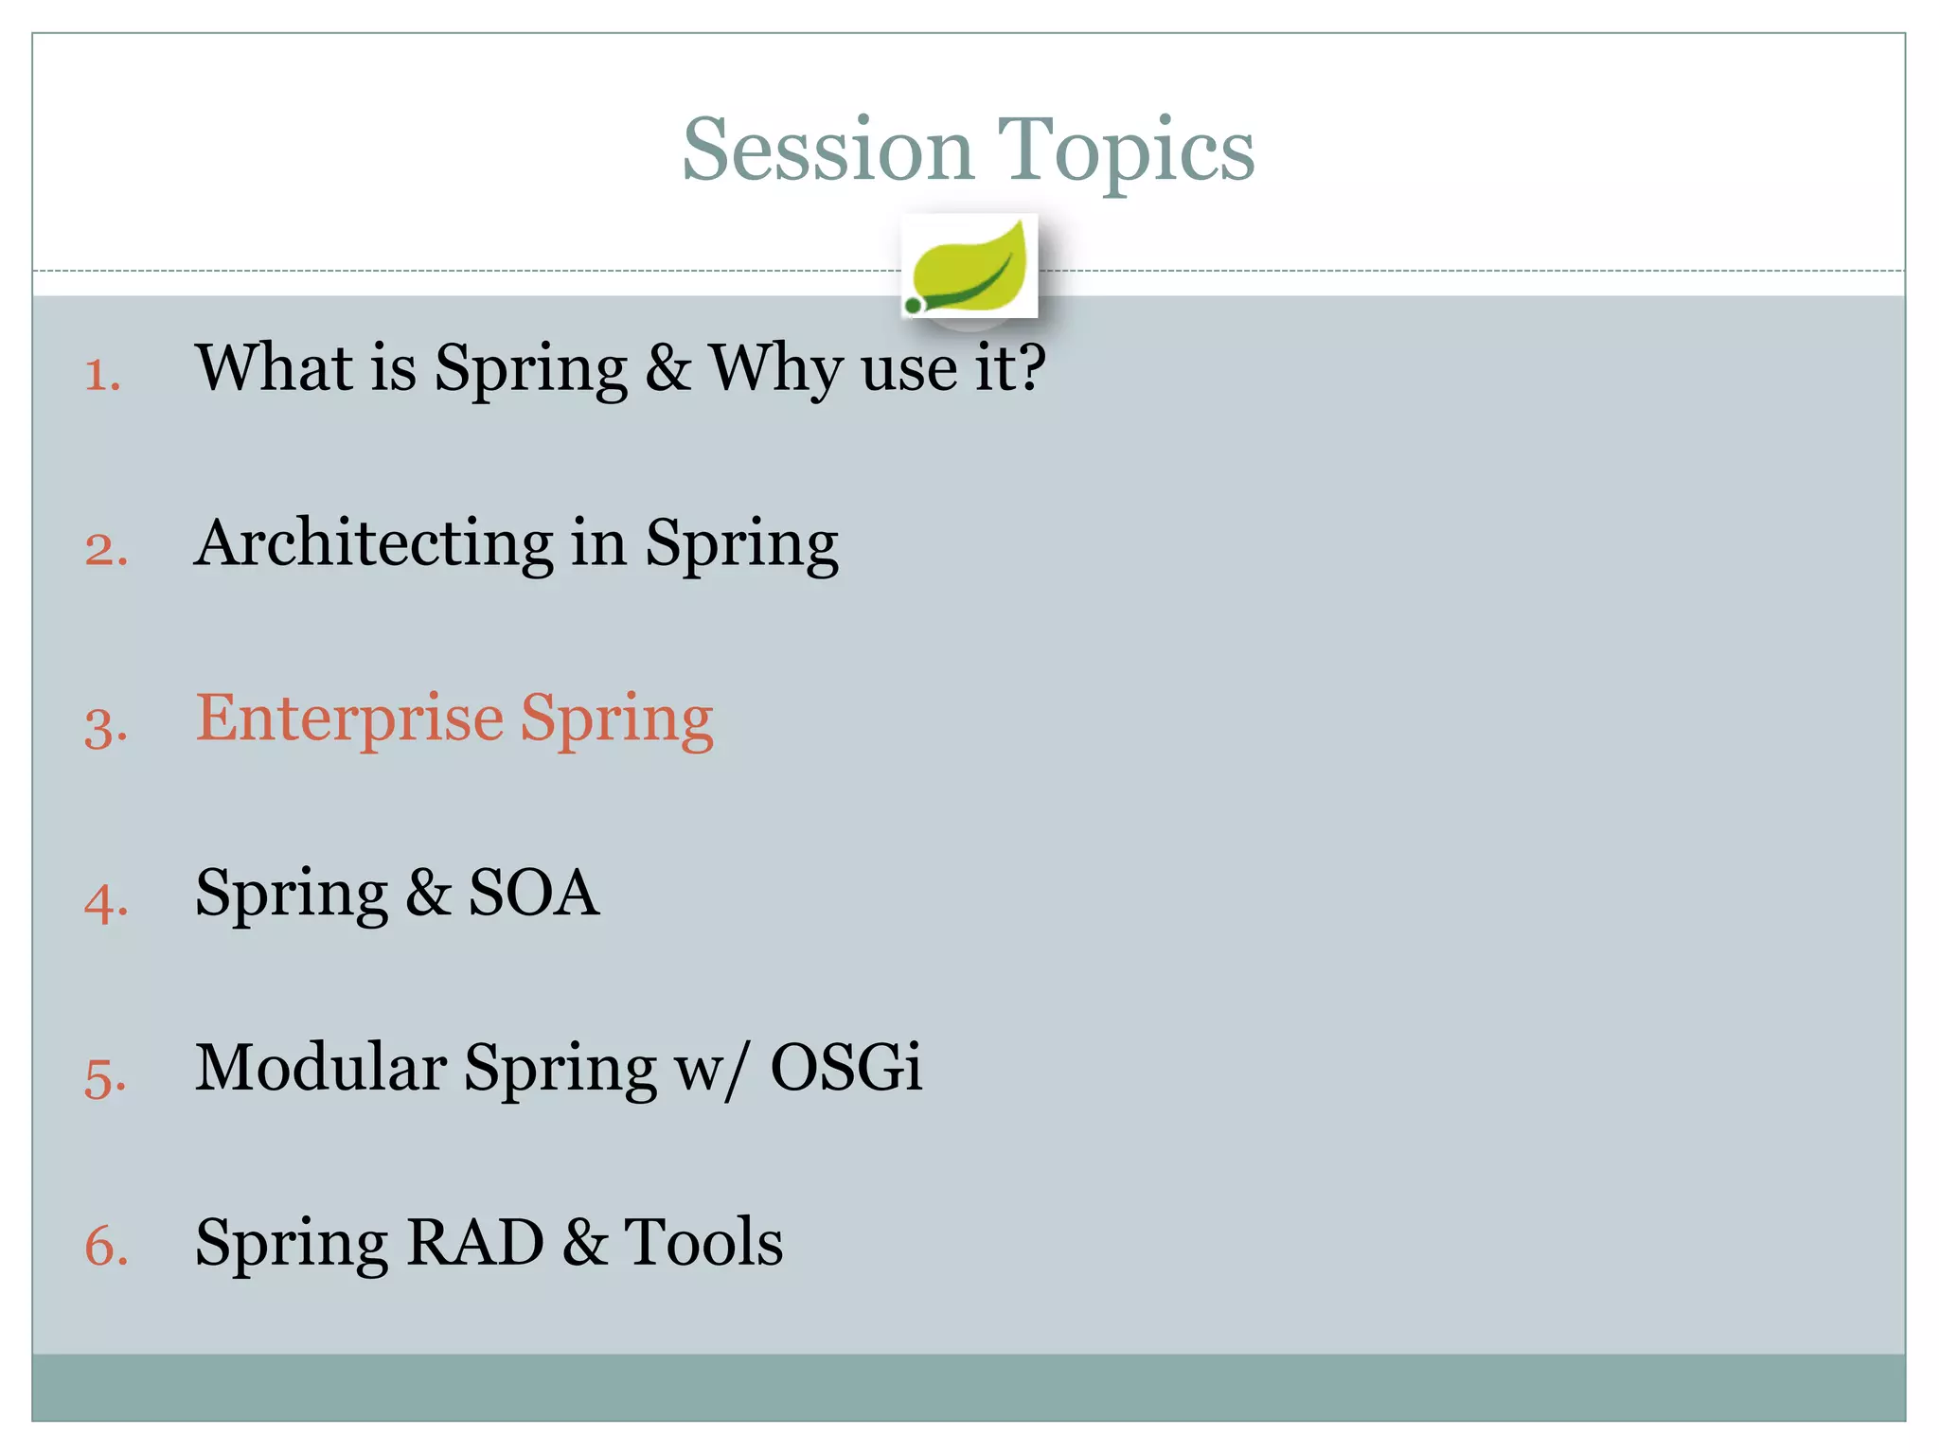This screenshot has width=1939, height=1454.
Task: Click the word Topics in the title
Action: coord(1126,151)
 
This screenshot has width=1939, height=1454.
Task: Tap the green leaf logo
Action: coord(969,267)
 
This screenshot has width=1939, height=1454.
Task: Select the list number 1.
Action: coord(102,375)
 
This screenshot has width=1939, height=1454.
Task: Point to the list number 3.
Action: coord(105,727)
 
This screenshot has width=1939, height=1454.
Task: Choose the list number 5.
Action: coord(105,1077)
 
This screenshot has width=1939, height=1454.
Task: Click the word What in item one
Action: coord(274,367)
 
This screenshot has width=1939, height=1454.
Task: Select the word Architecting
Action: coord(373,543)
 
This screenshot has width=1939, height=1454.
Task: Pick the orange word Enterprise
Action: coord(348,719)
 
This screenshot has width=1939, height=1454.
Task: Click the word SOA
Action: coord(534,893)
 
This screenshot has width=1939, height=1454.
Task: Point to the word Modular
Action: coord(320,1068)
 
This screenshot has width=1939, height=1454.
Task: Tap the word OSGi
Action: coord(845,1068)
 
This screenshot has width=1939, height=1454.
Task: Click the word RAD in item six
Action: coord(474,1242)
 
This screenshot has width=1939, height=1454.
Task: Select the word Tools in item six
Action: coord(703,1242)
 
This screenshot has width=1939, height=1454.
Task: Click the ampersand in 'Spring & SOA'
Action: coord(428,893)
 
